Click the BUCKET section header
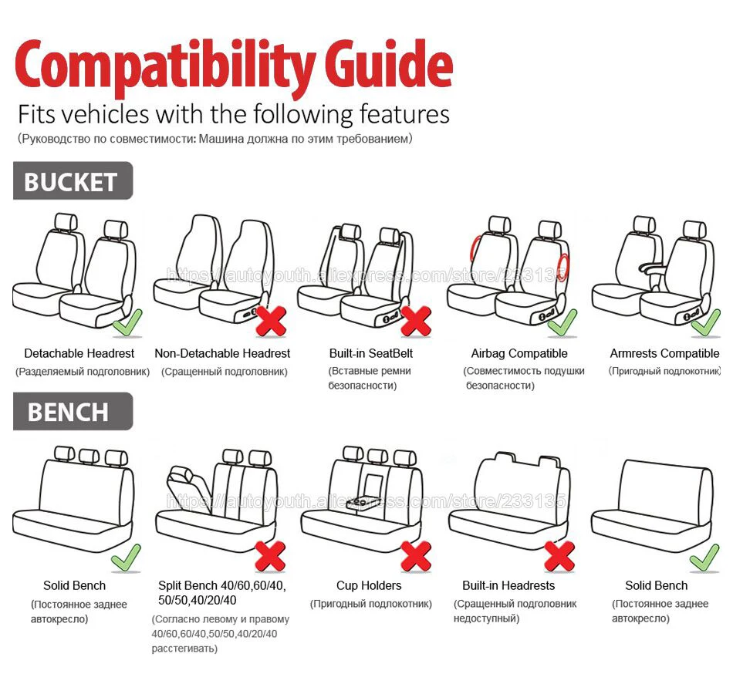(x=71, y=182)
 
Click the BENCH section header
(x=69, y=412)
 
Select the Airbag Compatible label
(x=519, y=353)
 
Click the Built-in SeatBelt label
(x=371, y=353)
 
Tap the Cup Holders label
(x=369, y=585)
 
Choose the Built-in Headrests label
(x=508, y=585)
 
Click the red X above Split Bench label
(x=271, y=555)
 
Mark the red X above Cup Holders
(x=416, y=555)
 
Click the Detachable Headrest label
(x=79, y=353)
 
